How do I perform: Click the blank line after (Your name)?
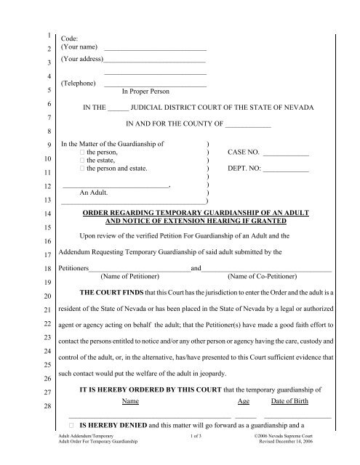pyautogui.click(x=156, y=49)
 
